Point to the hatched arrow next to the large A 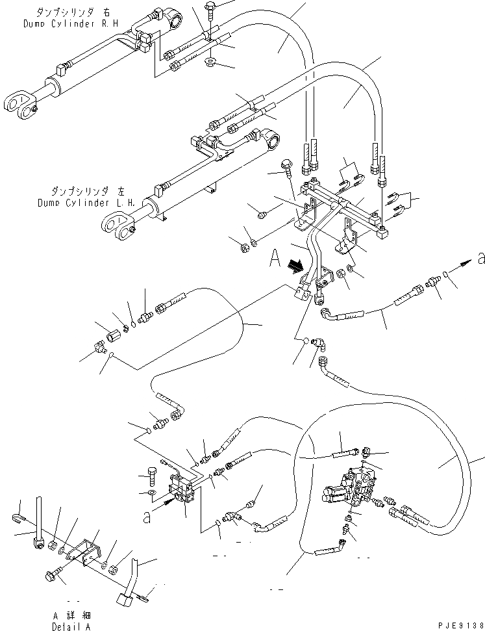(296, 265)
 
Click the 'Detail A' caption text (71, 626)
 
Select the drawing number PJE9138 (457, 625)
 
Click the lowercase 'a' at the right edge (480, 259)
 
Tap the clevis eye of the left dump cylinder (115, 226)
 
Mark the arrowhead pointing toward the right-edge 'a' (466, 263)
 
